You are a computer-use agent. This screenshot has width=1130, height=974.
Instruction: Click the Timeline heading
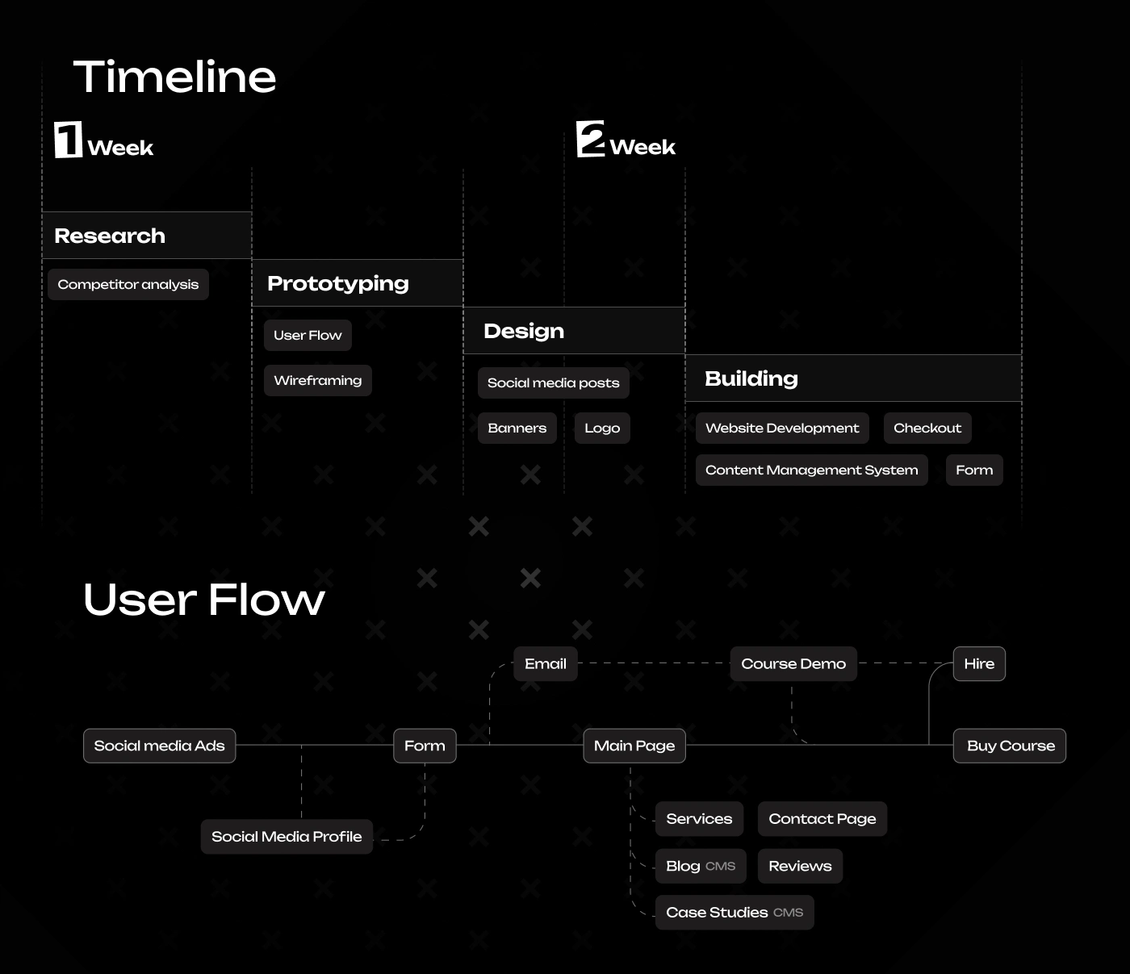174,77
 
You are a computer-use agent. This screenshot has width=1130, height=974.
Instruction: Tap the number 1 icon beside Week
68,140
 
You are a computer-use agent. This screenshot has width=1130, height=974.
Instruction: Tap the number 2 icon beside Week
590,139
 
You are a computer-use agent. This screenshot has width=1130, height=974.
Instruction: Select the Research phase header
147,236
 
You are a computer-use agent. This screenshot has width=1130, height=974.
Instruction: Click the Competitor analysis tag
128,284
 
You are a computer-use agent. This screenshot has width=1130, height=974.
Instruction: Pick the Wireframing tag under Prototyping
318,380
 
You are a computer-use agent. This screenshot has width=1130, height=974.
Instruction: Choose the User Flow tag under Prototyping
308,335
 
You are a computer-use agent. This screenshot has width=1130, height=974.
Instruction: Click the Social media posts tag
553,382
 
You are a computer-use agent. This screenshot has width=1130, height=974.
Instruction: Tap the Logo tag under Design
602,428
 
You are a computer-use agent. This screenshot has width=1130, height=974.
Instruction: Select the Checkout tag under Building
927,428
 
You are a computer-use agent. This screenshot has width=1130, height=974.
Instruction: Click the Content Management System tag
811,470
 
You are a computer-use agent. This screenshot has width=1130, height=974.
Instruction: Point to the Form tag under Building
974,470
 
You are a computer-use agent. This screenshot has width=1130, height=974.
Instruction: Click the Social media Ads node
159,746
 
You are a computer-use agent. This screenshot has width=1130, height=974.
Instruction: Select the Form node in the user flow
425,746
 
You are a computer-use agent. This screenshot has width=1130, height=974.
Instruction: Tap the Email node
545,663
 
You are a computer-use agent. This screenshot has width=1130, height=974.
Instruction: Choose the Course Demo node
793,663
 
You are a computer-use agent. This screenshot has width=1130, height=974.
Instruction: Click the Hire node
979,663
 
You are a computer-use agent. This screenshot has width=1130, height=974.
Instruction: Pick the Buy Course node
1010,746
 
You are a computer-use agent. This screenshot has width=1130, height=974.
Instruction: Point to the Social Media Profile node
287,836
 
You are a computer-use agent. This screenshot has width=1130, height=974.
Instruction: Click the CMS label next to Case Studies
789,912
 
